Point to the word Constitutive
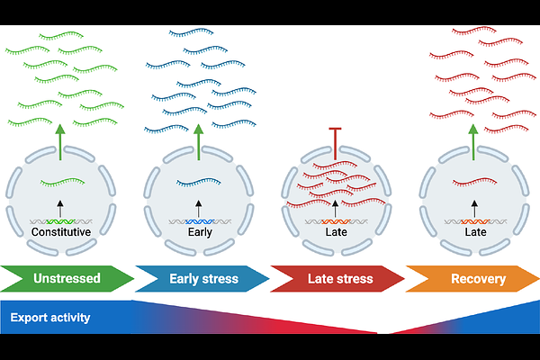pyautogui.click(x=61, y=232)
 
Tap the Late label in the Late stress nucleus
pyautogui.click(x=335, y=232)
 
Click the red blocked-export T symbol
pyautogui.click(x=335, y=144)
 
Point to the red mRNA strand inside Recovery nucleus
pyautogui.click(x=472, y=183)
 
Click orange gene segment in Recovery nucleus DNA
pyautogui.click(x=472, y=220)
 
